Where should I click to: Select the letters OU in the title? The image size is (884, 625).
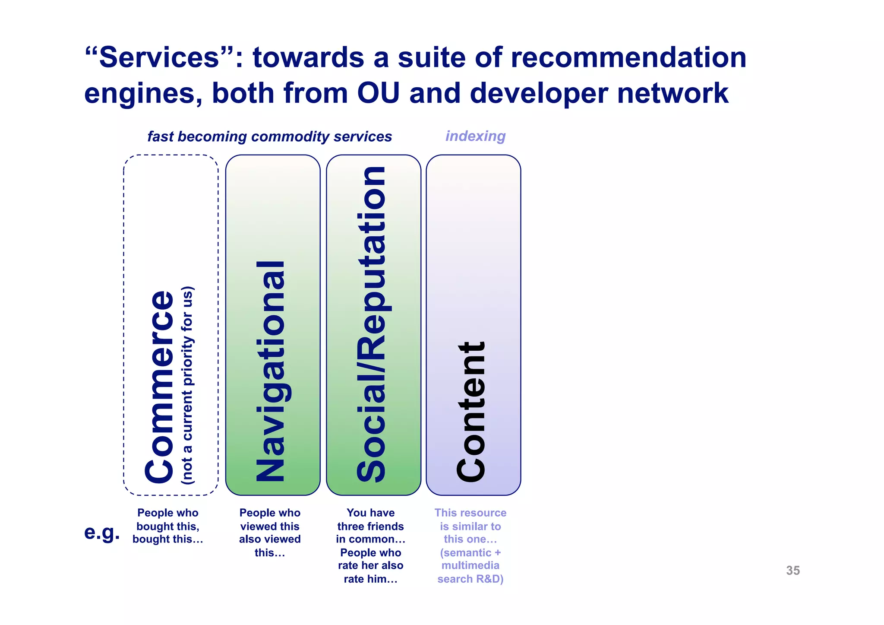tap(378, 93)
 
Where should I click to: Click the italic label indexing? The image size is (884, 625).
tap(475, 136)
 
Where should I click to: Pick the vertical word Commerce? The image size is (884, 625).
tap(160, 387)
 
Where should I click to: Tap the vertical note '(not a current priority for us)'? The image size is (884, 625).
tap(188, 384)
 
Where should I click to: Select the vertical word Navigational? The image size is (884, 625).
tap(271, 371)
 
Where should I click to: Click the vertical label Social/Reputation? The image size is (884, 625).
tap(371, 324)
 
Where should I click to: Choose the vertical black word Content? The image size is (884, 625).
tap(471, 411)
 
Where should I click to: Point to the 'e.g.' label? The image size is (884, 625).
tap(102, 532)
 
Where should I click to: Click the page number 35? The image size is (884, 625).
tap(793, 571)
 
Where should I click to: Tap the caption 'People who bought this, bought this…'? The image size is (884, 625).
tap(168, 526)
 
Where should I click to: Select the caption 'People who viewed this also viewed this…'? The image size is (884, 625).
tap(270, 533)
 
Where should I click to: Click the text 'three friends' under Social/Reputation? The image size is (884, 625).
tap(370, 526)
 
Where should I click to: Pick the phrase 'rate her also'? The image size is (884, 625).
tap(370, 565)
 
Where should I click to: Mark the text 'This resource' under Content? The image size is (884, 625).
tap(470, 513)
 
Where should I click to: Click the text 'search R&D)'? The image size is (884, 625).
tap(470, 579)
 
